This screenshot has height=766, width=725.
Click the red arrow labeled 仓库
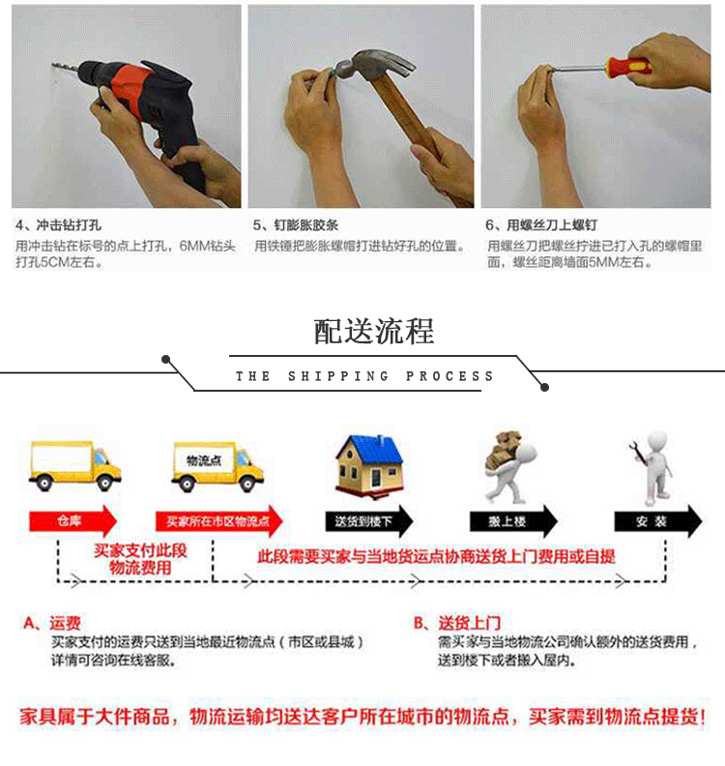(x=73, y=520)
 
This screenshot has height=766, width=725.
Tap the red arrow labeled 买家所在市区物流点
(x=218, y=521)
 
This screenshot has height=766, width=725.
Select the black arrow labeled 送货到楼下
(x=369, y=521)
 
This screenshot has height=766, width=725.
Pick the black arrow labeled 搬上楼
(x=513, y=521)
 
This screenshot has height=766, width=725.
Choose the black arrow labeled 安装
(x=658, y=521)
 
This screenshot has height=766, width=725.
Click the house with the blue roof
(x=369, y=465)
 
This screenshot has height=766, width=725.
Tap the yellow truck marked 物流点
(x=217, y=466)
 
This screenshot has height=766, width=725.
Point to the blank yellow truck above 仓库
(x=74, y=465)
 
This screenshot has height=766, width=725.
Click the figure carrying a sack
(x=509, y=467)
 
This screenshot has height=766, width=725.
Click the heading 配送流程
(x=373, y=331)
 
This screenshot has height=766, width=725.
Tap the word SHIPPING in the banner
(x=338, y=376)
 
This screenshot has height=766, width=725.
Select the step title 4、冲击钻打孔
(x=58, y=225)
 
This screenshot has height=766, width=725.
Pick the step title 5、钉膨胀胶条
(x=296, y=225)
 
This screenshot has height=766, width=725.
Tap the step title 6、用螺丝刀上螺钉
(x=541, y=225)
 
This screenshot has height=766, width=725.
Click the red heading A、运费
(x=52, y=623)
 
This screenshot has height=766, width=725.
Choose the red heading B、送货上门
(x=457, y=623)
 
